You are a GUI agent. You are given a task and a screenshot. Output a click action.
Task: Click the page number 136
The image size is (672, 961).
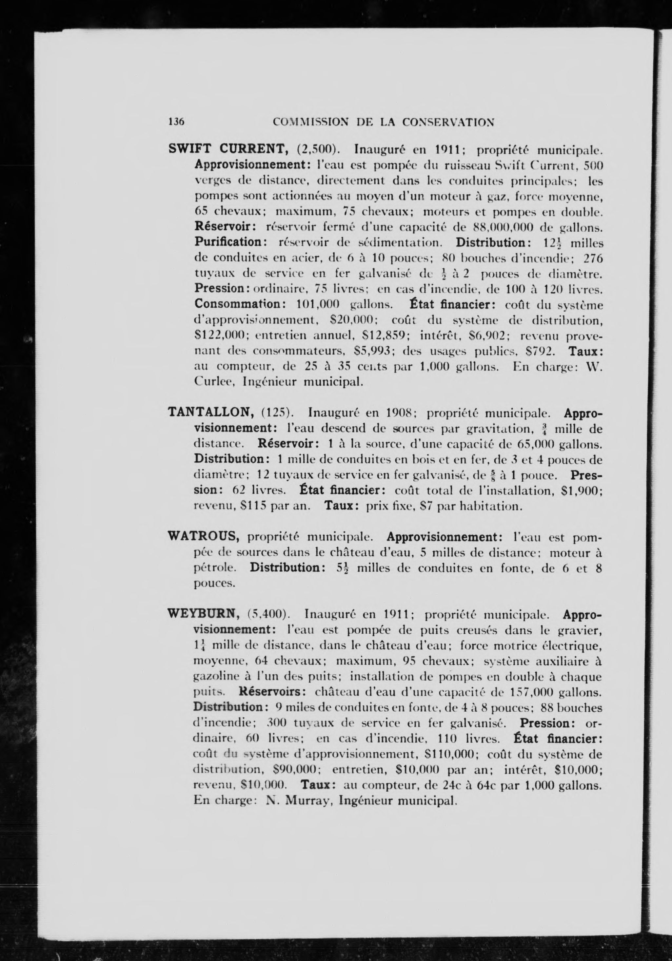[x=176, y=121]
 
